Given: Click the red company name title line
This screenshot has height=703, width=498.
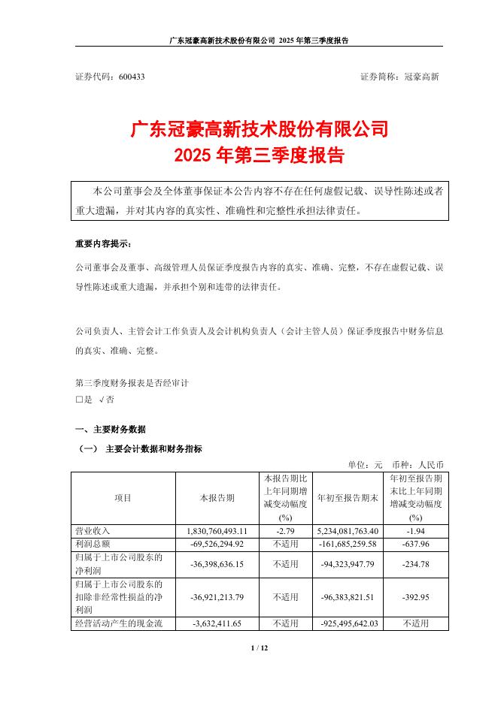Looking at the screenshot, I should [259, 129].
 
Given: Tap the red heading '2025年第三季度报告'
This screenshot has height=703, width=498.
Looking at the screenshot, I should [259, 156].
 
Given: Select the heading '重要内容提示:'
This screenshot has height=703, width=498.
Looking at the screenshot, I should [102, 245].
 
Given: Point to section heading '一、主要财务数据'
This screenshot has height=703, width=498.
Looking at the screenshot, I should [111, 430].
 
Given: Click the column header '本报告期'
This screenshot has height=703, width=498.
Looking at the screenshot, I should [217, 498].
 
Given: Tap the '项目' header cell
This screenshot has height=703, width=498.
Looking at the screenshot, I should [123, 498].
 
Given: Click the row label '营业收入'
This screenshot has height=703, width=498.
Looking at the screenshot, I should [93, 531].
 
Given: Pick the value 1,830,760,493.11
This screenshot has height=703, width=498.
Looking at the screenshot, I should [217, 531].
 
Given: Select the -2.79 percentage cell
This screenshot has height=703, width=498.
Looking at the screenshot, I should [284, 531].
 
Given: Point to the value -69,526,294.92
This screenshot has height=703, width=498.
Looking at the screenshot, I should [217, 542].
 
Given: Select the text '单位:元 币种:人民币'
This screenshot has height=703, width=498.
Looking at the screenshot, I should [395, 464].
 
